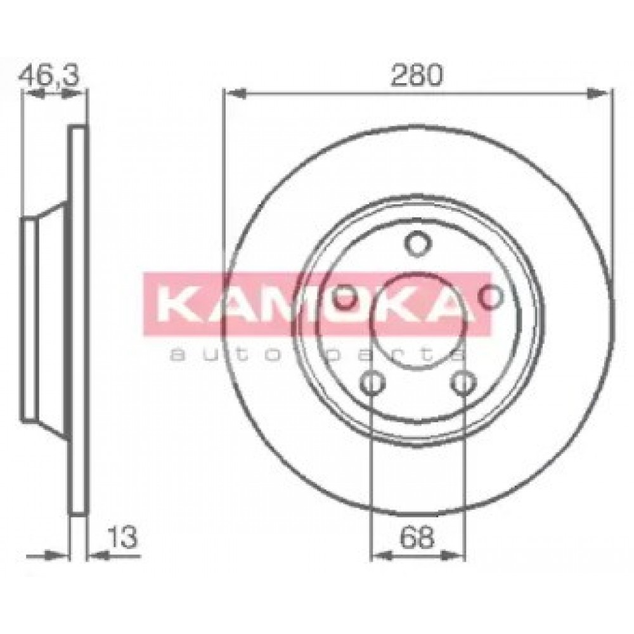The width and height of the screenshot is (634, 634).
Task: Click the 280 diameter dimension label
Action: (x=417, y=75)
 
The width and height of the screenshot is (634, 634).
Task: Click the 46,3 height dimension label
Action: (x=49, y=75)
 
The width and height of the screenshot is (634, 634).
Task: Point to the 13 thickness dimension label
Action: (x=123, y=537)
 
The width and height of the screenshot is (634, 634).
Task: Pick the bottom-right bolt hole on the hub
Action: (x=463, y=382)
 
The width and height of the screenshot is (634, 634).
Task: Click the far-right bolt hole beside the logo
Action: (x=491, y=296)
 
